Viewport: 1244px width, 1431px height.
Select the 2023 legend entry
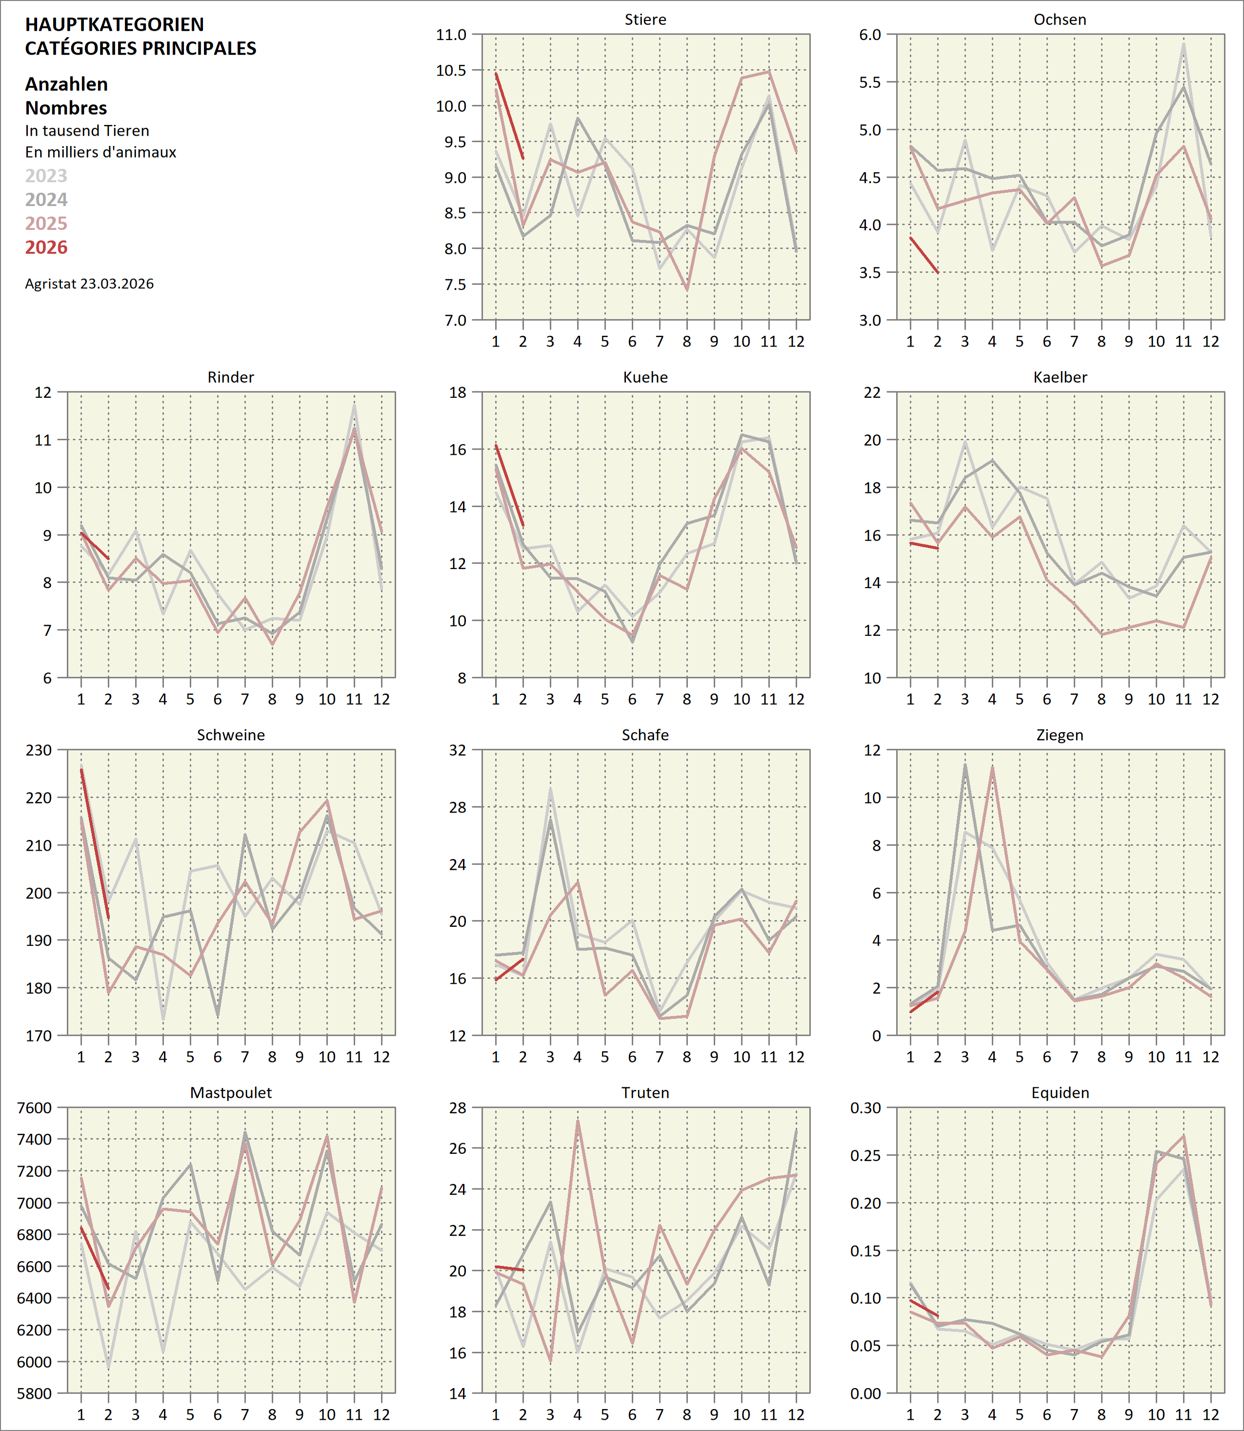pos(46,176)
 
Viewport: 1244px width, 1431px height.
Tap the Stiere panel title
pos(645,20)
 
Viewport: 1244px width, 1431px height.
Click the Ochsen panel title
pos(1059,20)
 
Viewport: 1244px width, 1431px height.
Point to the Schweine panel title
pos(230,735)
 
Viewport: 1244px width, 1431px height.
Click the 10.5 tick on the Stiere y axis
pos(451,70)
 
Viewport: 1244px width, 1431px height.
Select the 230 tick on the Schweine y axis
pos(39,750)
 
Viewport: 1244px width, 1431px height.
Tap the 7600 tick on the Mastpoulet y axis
pos(35,1107)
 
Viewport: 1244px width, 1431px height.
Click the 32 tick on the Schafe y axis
pos(458,750)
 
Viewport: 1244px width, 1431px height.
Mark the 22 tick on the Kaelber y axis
pos(872,392)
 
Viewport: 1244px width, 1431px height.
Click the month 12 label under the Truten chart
pos(796,1414)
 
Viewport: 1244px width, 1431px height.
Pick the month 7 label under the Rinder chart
pos(244,699)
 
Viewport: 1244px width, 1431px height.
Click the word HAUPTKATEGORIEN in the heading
pos(115,24)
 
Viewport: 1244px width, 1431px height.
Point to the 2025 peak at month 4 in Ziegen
pos(992,767)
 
